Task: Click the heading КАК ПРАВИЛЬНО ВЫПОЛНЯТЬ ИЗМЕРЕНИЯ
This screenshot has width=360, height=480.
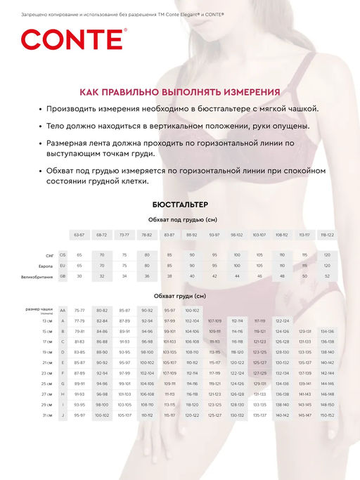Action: [x=180, y=92]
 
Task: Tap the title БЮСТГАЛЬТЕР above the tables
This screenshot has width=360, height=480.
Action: [x=180, y=204]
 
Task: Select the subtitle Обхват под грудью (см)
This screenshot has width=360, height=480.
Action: [x=180, y=219]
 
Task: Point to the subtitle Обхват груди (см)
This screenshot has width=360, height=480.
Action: [x=180, y=296]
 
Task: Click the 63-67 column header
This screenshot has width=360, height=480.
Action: [x=79, y=234]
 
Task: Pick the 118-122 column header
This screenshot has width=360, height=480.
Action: [x=327, y=234]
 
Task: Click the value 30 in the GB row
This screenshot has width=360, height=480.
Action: [x=79, y=277]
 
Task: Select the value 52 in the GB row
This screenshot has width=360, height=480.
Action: [x=327, y=277]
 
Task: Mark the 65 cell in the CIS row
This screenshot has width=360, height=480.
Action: [x=79, y=254]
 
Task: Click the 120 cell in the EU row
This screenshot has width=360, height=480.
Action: [x=327, y=266]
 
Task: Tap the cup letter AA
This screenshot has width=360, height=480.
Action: [x=63, y=310]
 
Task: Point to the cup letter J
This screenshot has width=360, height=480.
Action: [x=63, y=415]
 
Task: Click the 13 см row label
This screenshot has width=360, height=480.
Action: [x=47, y=320]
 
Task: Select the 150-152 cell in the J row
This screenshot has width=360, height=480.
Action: [x=327, y=415]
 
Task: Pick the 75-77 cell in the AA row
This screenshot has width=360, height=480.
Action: [x=79, y=310]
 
